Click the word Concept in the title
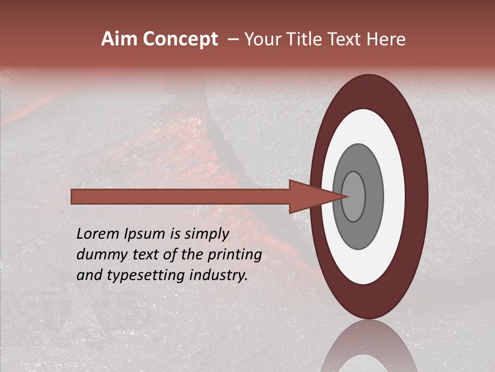(x=180, y=39)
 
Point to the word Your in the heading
(x=261, y=39)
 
